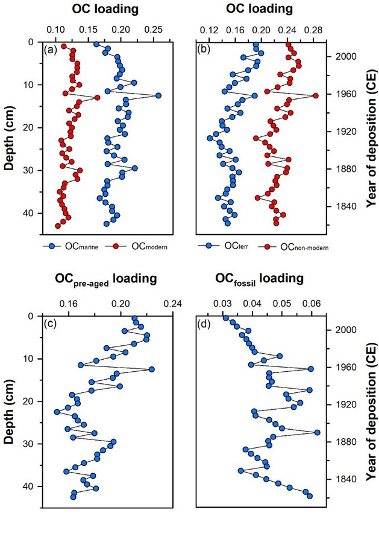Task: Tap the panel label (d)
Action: tap(203, 324)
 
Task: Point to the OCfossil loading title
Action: tap(259, 279)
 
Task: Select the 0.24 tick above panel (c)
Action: tap(174, 304)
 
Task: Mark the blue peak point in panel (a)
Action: tap(158, 95)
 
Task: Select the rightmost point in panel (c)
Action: tap(152, 369)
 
